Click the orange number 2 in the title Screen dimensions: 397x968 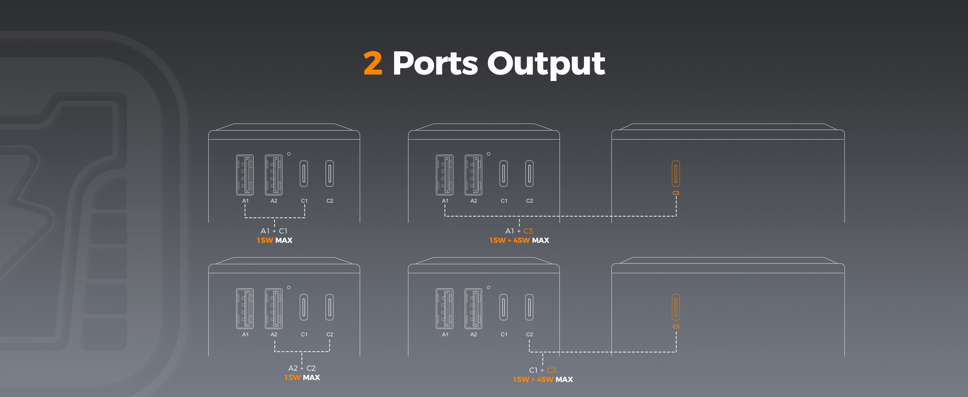click(x=373, y=63)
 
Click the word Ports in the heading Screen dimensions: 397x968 click(x=435, y=63)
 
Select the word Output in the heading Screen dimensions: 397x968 click(x=546, y=64)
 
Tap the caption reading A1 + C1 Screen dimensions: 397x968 click(x=274, y=231)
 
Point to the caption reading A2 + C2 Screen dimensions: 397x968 click(x=302, y=368)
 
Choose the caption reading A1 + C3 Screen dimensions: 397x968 click(x=519, y=231)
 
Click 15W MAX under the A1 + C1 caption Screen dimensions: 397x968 click(x=274, y=240)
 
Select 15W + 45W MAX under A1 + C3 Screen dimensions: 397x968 click(x=519, y=240)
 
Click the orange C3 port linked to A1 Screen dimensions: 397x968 click(x=676, y=174)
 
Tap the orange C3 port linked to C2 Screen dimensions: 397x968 click(x=676, y=307)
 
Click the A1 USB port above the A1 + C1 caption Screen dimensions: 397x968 click(x=245, y=175)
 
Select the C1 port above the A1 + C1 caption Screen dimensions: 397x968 click(x=304, y=174)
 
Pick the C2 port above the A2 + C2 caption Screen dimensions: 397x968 click(x=329, y=307)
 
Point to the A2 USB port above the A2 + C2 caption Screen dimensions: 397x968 click(x=274, y=309)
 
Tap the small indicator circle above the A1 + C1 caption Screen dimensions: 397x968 click(x=289, y=154)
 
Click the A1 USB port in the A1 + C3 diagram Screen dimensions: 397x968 click(x=445, y=175)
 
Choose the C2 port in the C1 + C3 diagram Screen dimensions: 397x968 click(x=529, y=307)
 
